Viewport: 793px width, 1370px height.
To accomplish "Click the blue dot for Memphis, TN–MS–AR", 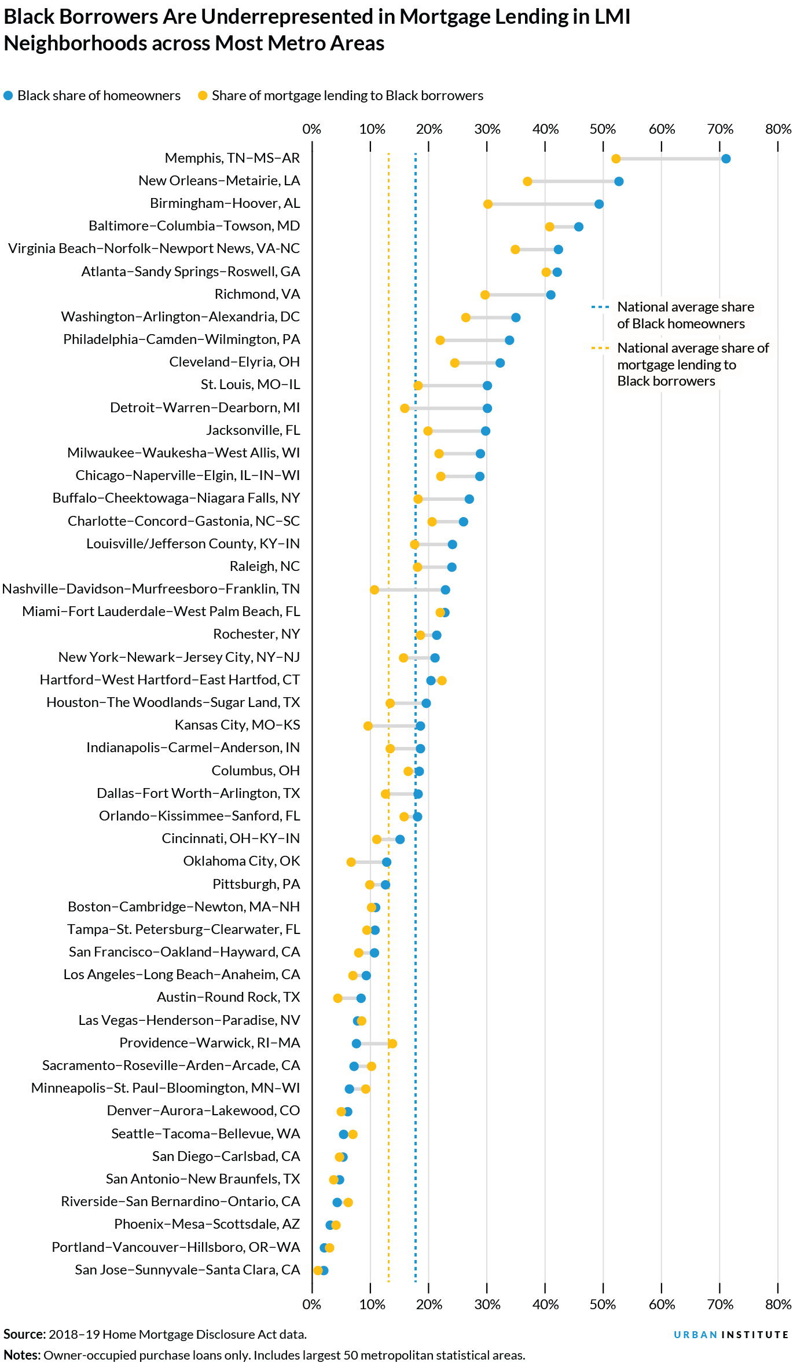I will [726, 159].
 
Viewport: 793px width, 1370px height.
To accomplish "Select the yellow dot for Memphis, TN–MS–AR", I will [616, 159].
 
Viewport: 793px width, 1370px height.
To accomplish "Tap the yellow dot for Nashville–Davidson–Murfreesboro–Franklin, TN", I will [375, 589].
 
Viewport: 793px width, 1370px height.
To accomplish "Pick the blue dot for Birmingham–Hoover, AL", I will [599, 204].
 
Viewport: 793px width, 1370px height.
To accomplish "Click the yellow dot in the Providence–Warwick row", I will [392, 1043].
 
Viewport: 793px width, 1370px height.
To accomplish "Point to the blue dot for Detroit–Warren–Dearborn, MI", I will [487, 408].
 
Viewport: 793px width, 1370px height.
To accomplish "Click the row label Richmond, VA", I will [257, 294].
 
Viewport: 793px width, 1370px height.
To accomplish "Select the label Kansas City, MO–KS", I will [237, 725].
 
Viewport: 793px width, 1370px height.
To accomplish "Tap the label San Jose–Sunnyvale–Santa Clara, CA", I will [188, 1270].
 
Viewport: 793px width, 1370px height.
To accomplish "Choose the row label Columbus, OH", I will [255, 771].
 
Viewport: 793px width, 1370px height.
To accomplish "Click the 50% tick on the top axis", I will [603, 129].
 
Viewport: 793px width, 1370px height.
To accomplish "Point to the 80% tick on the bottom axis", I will [778, 1305].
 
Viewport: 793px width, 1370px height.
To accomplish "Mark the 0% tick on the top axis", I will [312, 129].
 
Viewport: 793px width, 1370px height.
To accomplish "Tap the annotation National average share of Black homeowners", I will [685, 315].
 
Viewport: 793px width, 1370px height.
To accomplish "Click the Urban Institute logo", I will [731, 1335].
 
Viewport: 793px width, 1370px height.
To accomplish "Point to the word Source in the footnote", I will [24, 1334].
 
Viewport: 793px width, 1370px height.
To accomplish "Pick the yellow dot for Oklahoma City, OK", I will [351, 862].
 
